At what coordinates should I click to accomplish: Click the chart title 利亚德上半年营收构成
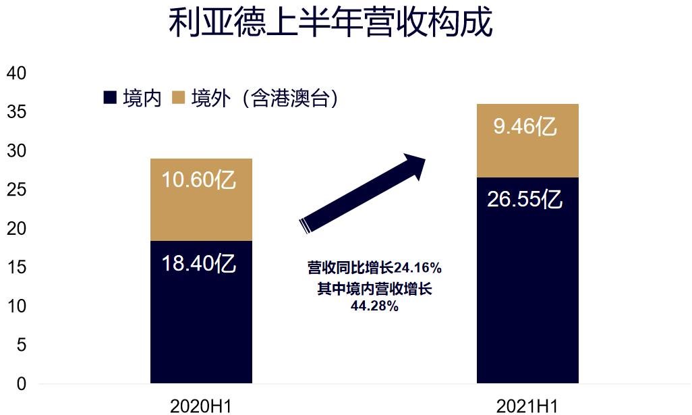pos(330,22)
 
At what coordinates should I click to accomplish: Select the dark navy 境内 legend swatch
pos(110,98)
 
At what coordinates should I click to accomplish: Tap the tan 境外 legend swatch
pos(178,98)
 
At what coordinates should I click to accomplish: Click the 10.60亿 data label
pos(199,180)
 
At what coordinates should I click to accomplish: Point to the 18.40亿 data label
pos(199,263)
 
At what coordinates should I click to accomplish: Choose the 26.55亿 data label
pos(525,200)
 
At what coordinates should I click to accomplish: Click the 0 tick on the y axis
pos(21,384)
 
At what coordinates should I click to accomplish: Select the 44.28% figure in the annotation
pos(374,306)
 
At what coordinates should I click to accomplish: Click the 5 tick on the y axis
pos(21,345)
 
